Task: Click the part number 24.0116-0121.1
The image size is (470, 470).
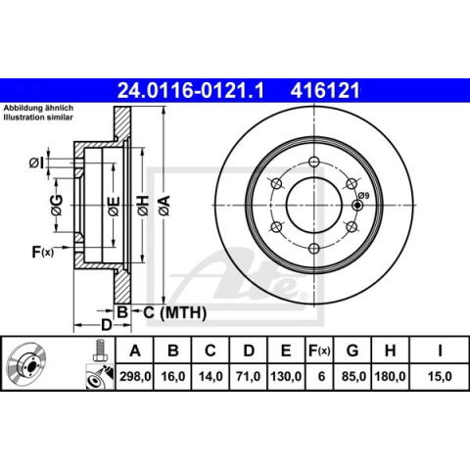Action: (190, 90)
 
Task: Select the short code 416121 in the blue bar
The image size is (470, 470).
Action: (325, 90)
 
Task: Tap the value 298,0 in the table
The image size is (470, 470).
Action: (135, 376)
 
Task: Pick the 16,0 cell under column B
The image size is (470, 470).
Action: (173, 376)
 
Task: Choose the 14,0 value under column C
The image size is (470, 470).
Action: (211, 376)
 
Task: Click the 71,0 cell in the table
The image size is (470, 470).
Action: (249, 376)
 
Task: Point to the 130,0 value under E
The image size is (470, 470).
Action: (286, 376)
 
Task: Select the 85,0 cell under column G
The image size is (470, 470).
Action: (352, 376)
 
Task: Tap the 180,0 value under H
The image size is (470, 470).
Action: (390, 376)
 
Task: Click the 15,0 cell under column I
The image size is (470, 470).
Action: (440, 376)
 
